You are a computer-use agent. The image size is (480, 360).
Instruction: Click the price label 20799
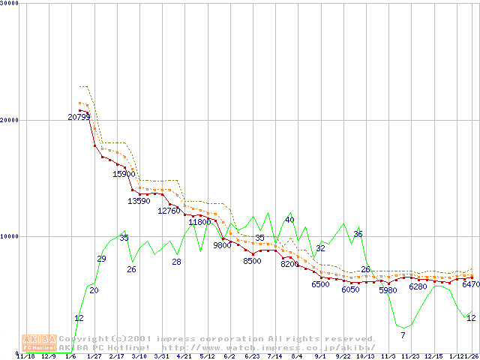pos(79,117)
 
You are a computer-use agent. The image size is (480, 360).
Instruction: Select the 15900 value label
pos(124,174)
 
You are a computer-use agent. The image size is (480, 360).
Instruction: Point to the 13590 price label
pos(139,201)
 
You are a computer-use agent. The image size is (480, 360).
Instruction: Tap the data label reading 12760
pos(169,211)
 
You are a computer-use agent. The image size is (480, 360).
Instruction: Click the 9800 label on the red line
pos(222,245)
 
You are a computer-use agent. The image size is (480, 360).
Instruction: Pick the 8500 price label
pos(252,261)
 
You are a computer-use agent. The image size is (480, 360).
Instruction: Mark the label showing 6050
pos(350,289)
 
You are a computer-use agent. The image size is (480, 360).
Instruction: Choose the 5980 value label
pos(388,290)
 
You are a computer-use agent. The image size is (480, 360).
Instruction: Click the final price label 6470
pos(471,285)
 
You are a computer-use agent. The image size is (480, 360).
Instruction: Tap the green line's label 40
pos(289,220)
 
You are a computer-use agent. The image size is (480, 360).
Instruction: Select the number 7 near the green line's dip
pos(403,334)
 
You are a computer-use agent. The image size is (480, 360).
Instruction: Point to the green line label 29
pos(101,259)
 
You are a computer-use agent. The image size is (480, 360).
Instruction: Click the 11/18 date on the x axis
pos(25,356)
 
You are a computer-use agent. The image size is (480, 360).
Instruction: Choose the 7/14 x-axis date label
pos(274,356)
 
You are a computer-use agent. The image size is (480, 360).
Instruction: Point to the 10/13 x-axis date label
pos(365,356)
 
